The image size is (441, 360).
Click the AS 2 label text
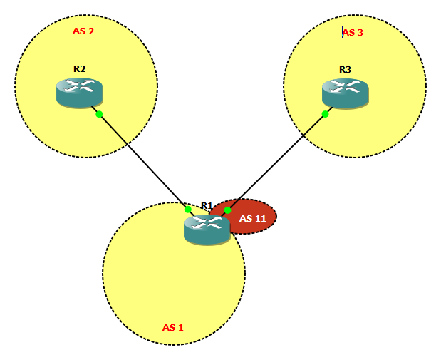pyautogui.click(x=83, y=31)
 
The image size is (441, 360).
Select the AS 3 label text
pyautogui.click(x=353, y=32)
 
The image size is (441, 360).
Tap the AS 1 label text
pyautogui.click(x=173, y=328)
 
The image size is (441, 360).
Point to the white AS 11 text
pyautogui.click(x=253, y=219)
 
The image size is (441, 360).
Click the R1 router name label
pyautogui.click(x=207, y=206)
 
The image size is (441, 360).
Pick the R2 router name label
pyautogui.click(x=79, y=69)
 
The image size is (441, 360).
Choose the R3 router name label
pyautogui.click(x=345, y=70)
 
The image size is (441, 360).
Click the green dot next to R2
pyautogui.click(x=99, y=114)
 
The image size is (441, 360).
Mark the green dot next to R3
pyautogui.click(x=325, y=114)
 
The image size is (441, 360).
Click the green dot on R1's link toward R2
pyautogui.click(x=187, y=209)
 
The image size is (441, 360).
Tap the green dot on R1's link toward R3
pyautogui.click(x=227, y=210)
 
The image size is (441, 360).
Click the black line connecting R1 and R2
pyautogui.click(x=142, y=160)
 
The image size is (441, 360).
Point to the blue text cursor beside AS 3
pyautogui.click(x=343, y=32)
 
